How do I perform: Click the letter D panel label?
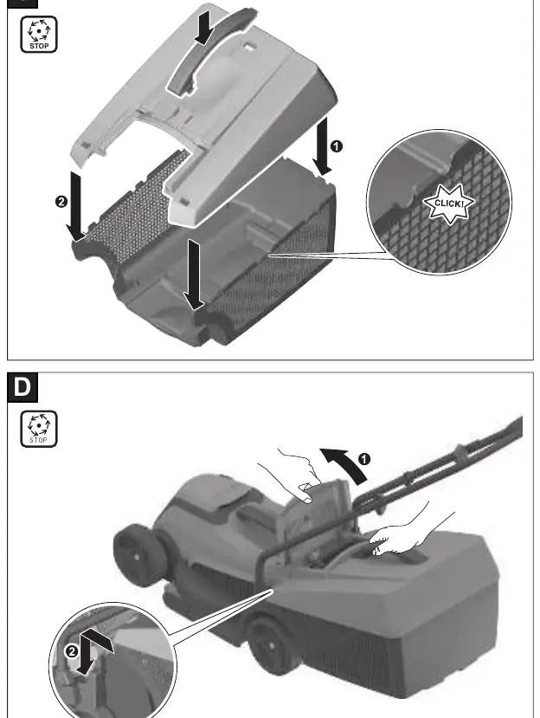(x=22, y=387)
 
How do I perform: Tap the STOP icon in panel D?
(x=39, y=429)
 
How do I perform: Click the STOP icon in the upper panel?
(x=39, y=35)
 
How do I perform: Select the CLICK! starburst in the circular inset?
(x=448, y=204)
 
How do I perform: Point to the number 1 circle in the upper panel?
(x=336, y=146)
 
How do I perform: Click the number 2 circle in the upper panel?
(x=61, y=202)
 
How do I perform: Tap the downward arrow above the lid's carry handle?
(x=204, y=28)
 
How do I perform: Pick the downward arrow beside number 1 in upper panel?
(x=322, y=146)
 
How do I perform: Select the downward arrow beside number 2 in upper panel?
(x=76, y=207)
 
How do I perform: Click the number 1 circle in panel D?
(x=363, y=459)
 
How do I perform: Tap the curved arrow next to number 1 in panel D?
(x=346, y=463)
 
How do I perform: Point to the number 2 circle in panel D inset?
(x=71, y=651)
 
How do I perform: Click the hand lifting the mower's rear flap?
(x=288, y=475)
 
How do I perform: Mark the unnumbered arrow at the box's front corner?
(x=195, y=275)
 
